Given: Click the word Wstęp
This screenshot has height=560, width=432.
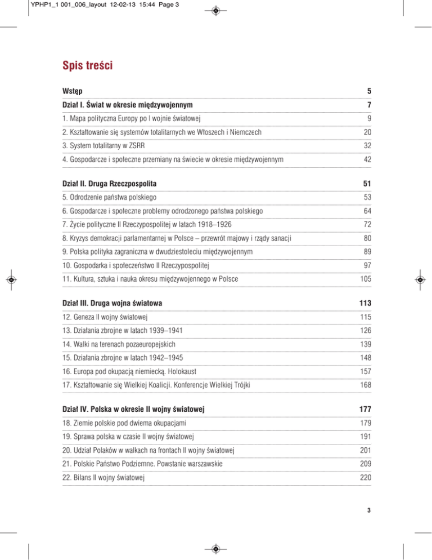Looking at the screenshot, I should (x=74, y=91).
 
